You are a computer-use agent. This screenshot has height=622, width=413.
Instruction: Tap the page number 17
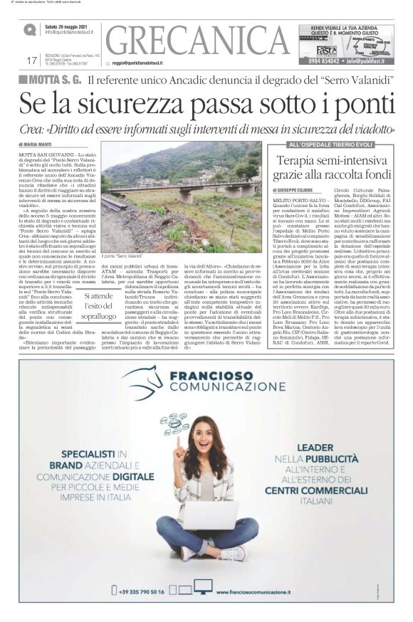point(31,60)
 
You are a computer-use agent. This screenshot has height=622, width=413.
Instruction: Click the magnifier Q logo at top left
point(30,30)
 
